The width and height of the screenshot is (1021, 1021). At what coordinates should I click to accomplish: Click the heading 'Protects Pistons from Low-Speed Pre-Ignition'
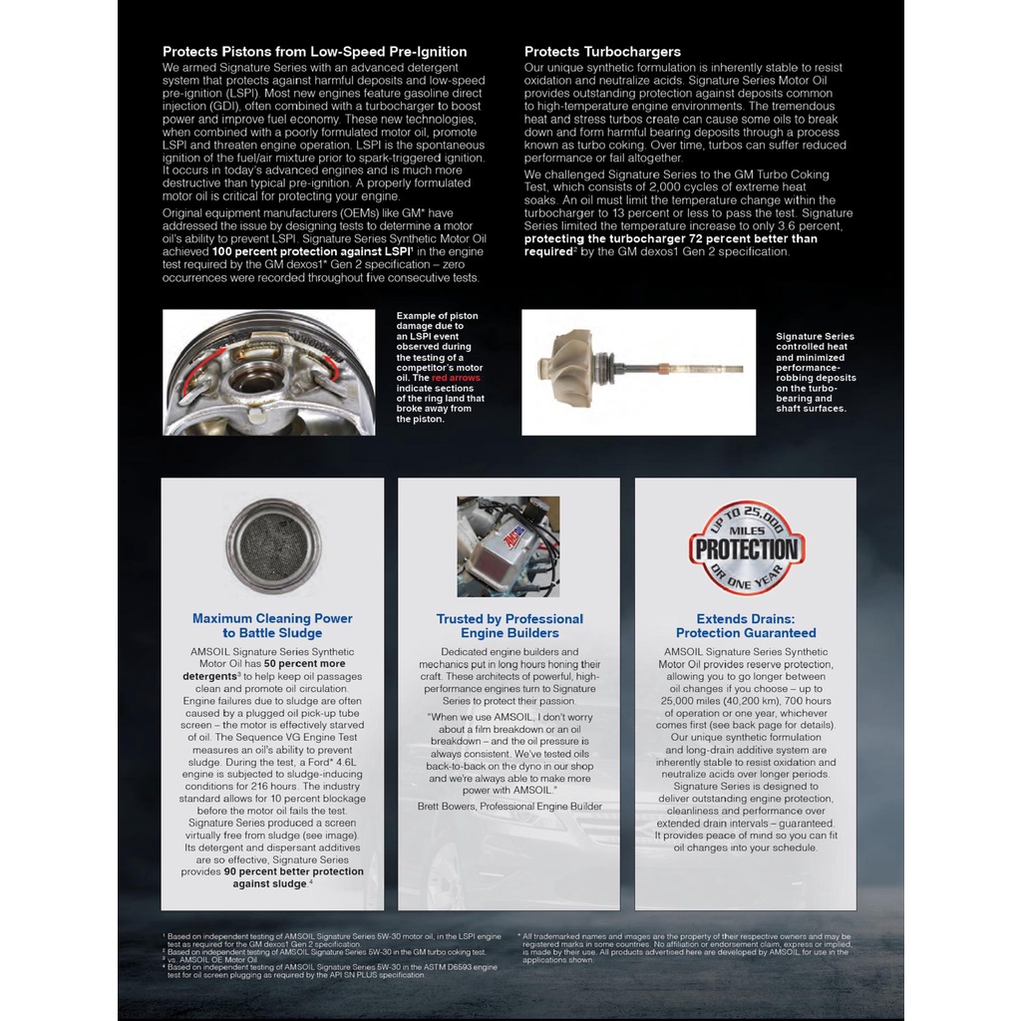(x=314, y=52)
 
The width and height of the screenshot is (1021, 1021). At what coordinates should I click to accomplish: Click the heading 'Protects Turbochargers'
(x=602, y=52)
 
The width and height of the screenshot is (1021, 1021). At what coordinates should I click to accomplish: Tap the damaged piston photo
(x=269, y=373)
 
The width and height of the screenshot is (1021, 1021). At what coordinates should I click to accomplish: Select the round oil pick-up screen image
(x=272, y=545)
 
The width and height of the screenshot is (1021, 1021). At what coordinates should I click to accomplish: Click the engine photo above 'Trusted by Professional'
(x=509, y=546)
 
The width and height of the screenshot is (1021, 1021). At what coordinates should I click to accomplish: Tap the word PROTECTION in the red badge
(x=747, y=549)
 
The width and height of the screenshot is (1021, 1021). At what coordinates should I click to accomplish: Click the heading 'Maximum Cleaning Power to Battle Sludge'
(x=272, y=625)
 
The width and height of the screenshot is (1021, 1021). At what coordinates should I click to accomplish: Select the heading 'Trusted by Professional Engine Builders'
(x=510, y=626)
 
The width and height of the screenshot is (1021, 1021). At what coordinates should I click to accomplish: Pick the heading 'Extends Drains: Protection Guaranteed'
(x=746, y=626)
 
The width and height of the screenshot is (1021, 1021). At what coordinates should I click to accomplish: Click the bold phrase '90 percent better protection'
(x=293, y=871)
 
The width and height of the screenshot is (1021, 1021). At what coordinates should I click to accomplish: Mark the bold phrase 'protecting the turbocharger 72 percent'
(x=670, y=239)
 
